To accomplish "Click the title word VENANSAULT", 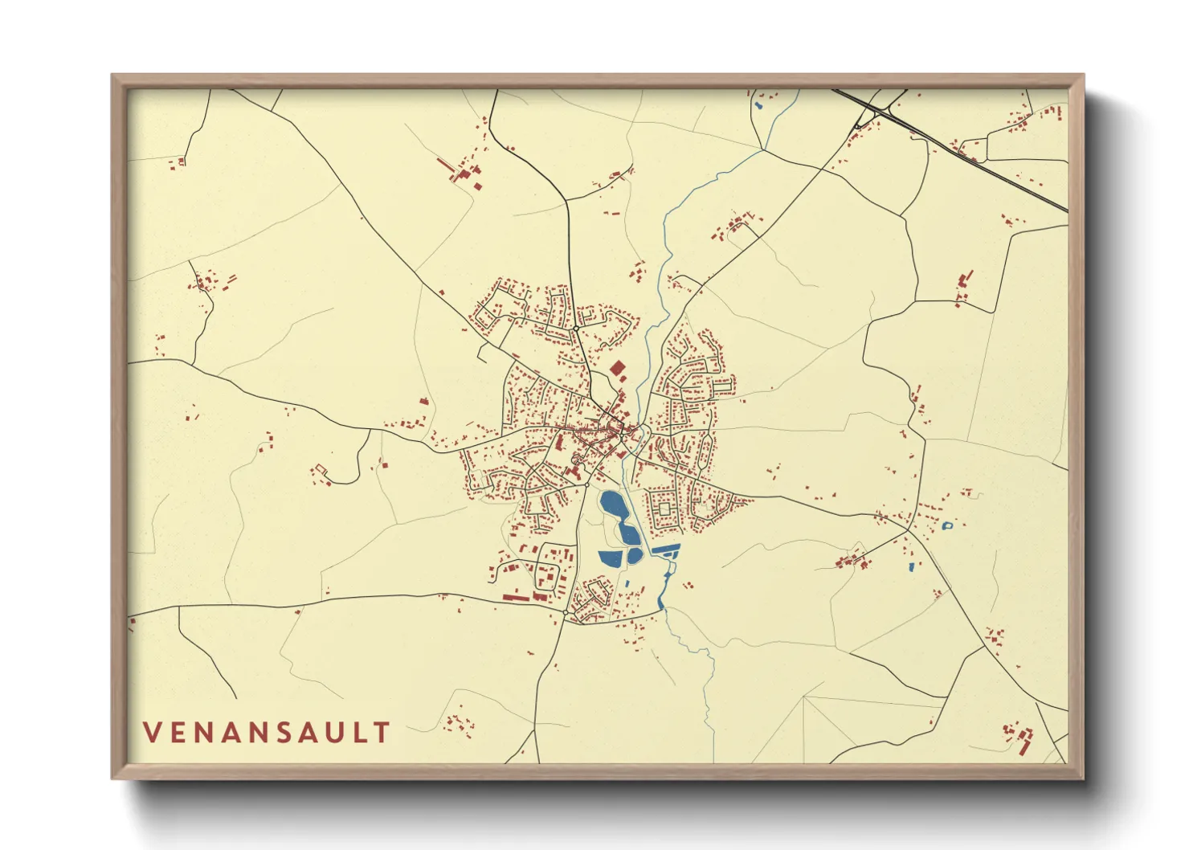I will [266, 732].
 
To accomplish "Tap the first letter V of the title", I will [152, 732].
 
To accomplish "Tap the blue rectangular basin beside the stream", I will [666, 550].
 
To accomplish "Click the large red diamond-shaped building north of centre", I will [618, 369].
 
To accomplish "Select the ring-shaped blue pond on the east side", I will [947, 526].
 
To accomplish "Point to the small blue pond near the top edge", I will [758, 104].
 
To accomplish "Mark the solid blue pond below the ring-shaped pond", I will [911, 567].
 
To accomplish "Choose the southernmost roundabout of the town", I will [566, 613].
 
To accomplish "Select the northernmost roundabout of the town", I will [577, 328].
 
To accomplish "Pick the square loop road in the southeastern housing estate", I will [664, 509].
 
